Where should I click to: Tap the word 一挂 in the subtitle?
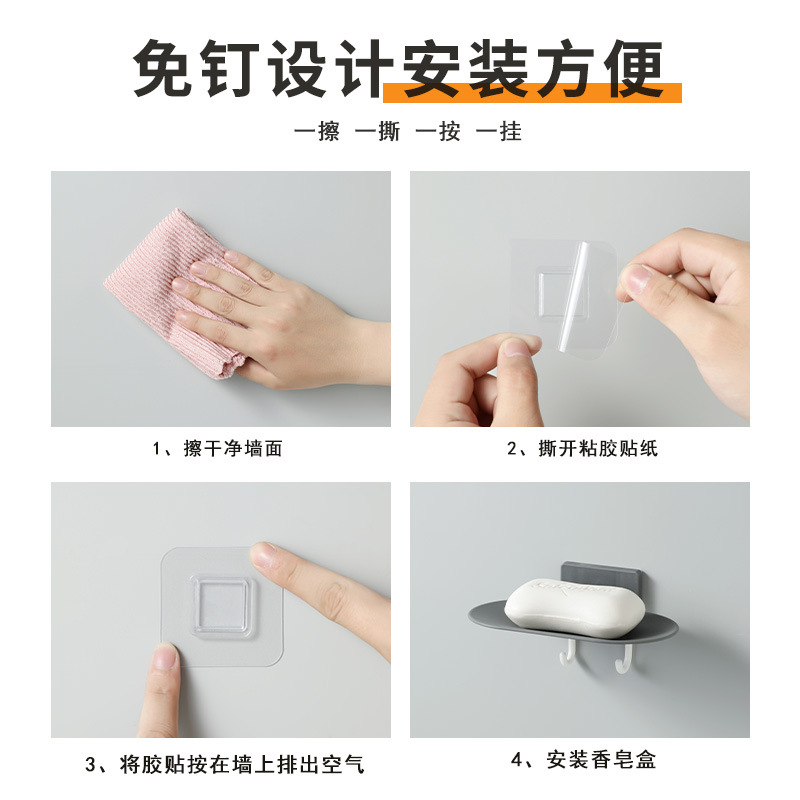pyautogui.click(x=498, y=131)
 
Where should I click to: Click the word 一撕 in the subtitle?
pyautogui.click(x=377, y=131)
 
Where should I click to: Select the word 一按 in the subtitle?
pyautogui.click(x=438, y=131)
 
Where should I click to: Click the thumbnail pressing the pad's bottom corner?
pyautogui.click(x=164, y=660)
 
